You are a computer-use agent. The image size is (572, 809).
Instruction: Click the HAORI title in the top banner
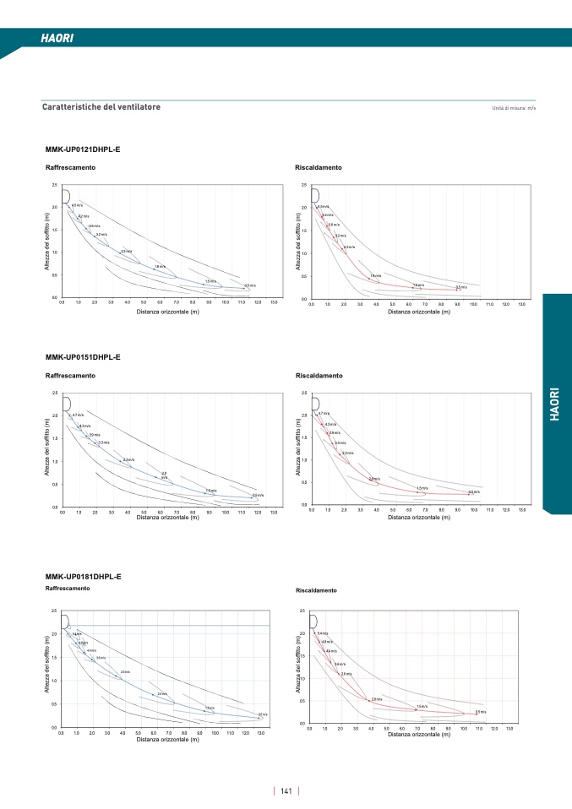(x=57, y=39)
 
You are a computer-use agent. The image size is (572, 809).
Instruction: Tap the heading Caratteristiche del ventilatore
(x=101, y=107)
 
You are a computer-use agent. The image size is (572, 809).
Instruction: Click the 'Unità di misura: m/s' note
(x=514, y=109)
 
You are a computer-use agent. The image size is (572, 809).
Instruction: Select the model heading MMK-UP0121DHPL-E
(x=82, y=149)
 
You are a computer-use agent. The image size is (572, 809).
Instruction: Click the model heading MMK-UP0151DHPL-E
(x=83, y=356)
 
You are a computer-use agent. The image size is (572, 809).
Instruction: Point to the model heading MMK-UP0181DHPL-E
(x=83, y=576)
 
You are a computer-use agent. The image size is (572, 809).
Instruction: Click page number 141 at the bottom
(x=286, y=791)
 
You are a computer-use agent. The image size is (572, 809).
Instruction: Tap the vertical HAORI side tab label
(x=554, y=404)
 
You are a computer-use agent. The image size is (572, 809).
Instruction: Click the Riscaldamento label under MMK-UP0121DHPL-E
(x=319, y=168)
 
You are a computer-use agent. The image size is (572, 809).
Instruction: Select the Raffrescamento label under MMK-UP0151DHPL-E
(x=70, y=375)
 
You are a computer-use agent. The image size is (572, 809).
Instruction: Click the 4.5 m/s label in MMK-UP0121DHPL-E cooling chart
(x=77, y=205)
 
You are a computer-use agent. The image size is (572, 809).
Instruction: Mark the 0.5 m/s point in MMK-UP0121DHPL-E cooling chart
(x=249, y=285)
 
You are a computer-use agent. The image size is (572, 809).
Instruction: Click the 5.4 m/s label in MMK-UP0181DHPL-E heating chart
(x=323, y=633)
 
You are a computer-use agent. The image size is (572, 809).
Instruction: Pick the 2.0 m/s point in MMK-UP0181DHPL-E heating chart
(x=376, y=699)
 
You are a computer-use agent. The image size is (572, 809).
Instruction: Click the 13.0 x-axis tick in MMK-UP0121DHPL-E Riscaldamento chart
(x=522, y=304)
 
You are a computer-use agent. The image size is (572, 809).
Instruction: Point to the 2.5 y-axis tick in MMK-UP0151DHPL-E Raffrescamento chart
(x=55, y=393)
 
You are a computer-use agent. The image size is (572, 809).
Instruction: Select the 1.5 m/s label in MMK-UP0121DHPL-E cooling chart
(x=210, y=281)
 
